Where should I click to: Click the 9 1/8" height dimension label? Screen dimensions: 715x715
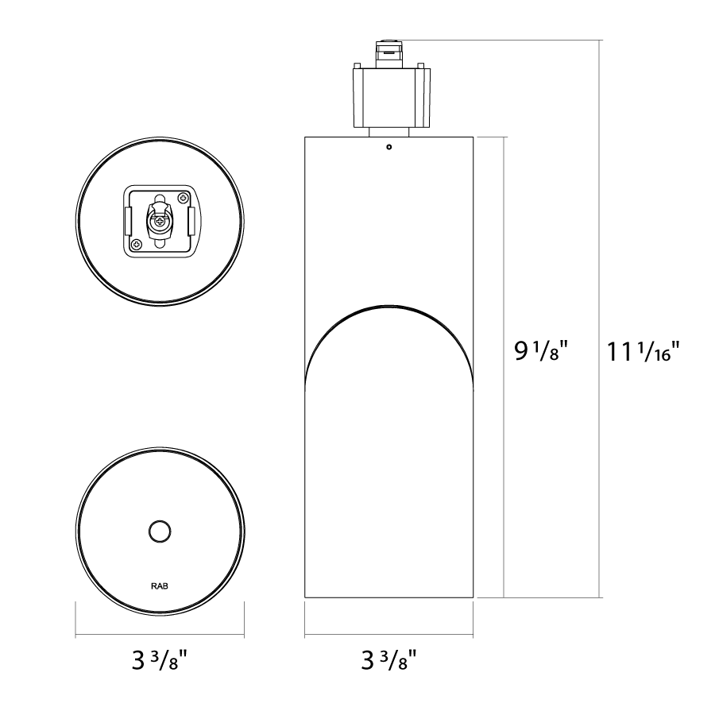pyautogui.click(x=541, y=351)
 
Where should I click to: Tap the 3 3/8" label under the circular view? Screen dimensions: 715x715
pyautogui.click(x=160, y=660)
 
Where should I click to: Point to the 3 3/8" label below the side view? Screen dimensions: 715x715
pyautogui.click(x=389, y=660)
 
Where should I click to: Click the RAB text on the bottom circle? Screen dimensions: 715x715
pyautogui.click(x=160, y=586)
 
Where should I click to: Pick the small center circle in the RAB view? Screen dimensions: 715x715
pyautogui.click(x=160, y=531)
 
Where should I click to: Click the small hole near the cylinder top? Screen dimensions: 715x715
pyautogui.click(x=389, y=147)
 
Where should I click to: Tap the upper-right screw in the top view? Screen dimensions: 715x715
pyautogui.click(x=184, y=198)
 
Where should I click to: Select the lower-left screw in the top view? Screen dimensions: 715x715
pyautogui.click(x=137, y=245)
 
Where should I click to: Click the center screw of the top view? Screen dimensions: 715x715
pyautogui.click(x=160, y=222)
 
